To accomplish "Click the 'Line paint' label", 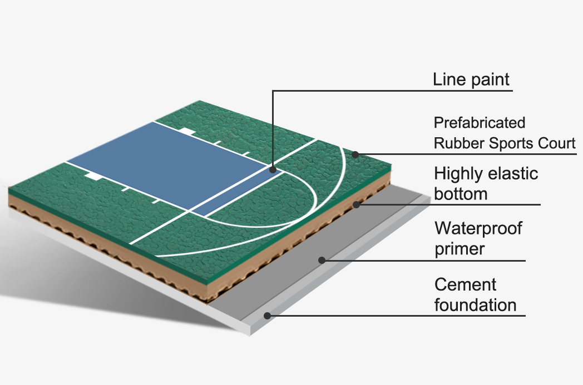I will point(471,79).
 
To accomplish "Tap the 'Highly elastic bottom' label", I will point(486,183).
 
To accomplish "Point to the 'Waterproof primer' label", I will point(478,238).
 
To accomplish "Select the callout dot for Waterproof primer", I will point(322,259).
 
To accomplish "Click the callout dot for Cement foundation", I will point(267,316).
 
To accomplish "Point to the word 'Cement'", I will point(466,284).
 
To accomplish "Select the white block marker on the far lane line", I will point(187,132).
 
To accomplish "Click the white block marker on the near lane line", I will point(93,176).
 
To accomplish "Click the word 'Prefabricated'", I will point(479,122).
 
